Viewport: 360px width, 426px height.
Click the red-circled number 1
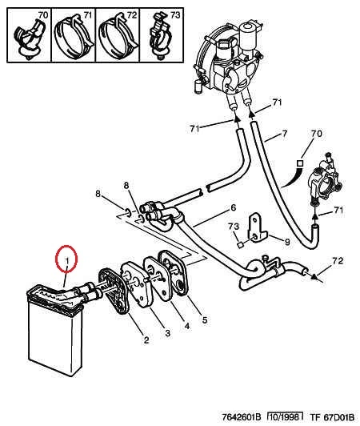point(67,260)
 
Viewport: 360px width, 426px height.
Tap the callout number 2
point(146,340)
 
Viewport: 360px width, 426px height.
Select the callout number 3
point(167,332)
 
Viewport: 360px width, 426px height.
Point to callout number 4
point(187,325)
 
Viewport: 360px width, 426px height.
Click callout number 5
point(205,319)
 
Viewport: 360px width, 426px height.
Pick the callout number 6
point(234,207)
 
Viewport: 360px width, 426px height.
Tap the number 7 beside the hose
point(284,134)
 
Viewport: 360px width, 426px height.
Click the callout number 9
point(287,242)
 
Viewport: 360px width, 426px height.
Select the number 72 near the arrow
point(338,261)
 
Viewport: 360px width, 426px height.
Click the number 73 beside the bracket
point(234,226)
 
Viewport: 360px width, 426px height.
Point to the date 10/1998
point(285,416)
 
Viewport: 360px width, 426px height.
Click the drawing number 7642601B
point(242,416)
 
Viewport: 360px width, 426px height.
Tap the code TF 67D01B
point(332,416)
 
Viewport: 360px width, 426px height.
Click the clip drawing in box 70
point(28,39)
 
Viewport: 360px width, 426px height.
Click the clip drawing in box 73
point(160,37)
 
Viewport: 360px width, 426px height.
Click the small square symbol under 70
point(300,163)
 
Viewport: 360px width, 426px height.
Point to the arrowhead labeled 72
point(314,277)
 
